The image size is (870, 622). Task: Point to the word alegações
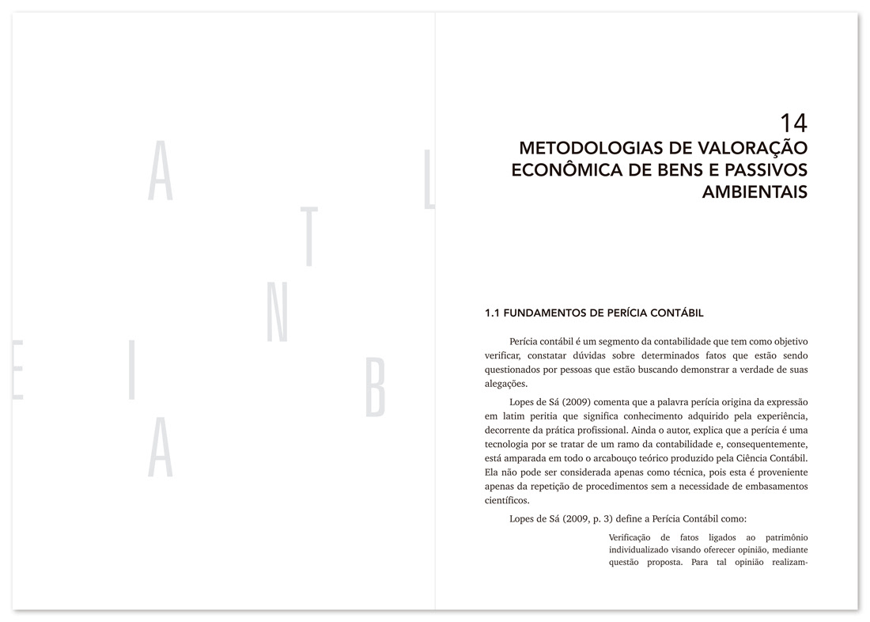[x=505, y=384]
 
